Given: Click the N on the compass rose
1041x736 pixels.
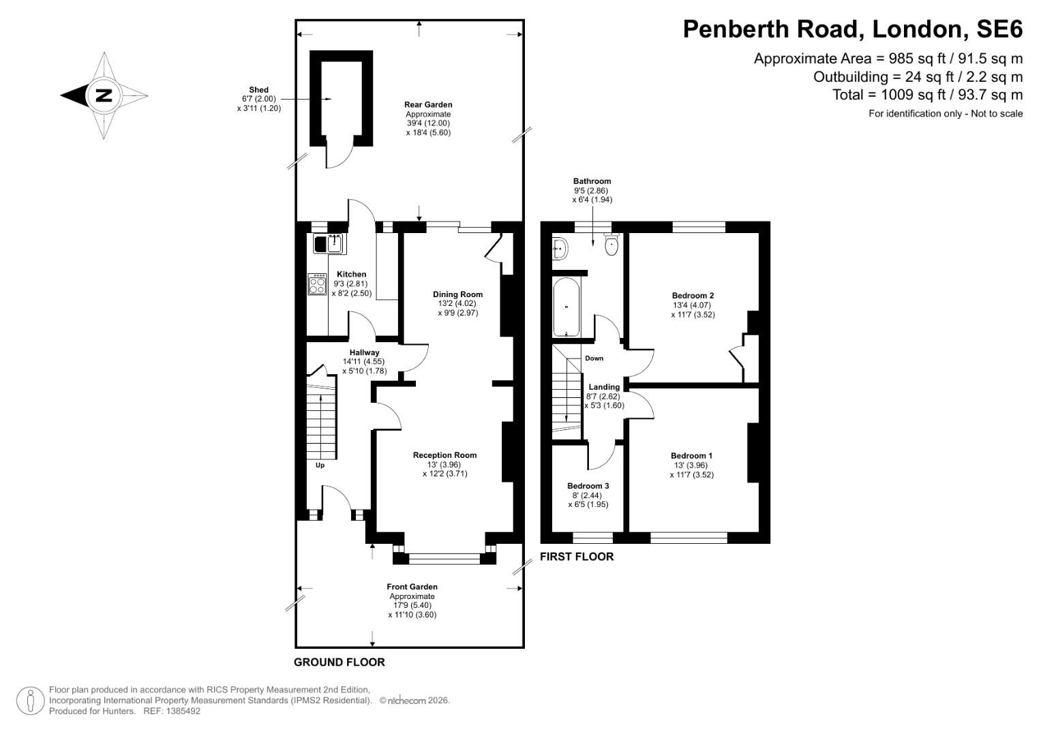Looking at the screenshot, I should coord(104,95).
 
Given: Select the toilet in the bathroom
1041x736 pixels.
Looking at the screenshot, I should coord(611,245).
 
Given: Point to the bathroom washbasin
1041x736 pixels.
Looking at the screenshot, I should coord(560,249).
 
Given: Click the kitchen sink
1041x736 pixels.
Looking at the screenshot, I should coord(329,243).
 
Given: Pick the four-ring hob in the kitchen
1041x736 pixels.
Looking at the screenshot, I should coord(317,283).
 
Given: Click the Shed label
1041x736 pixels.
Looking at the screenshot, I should coord(259,90).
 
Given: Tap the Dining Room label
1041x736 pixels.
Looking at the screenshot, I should coord(457,294).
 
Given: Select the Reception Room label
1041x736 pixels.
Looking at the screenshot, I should coord(444,455).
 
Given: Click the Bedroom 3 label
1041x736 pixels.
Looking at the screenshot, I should coord(588,486).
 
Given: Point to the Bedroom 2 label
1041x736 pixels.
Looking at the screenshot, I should coord(693,296).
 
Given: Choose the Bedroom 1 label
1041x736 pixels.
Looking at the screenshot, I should coord(691,456).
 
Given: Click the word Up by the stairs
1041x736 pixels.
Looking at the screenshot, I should coord(320,465).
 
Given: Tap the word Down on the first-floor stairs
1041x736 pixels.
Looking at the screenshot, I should coord(594,358).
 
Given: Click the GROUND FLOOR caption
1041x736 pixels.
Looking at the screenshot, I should coord(339,662).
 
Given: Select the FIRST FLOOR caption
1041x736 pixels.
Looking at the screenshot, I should coord(577,557).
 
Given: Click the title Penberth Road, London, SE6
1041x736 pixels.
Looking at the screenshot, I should coord(853,29).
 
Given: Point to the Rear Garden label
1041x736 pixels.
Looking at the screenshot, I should coord(428,105).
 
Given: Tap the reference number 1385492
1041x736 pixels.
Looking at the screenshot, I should coord(179,711).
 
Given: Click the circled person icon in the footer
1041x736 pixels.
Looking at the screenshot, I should coord(31,701).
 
